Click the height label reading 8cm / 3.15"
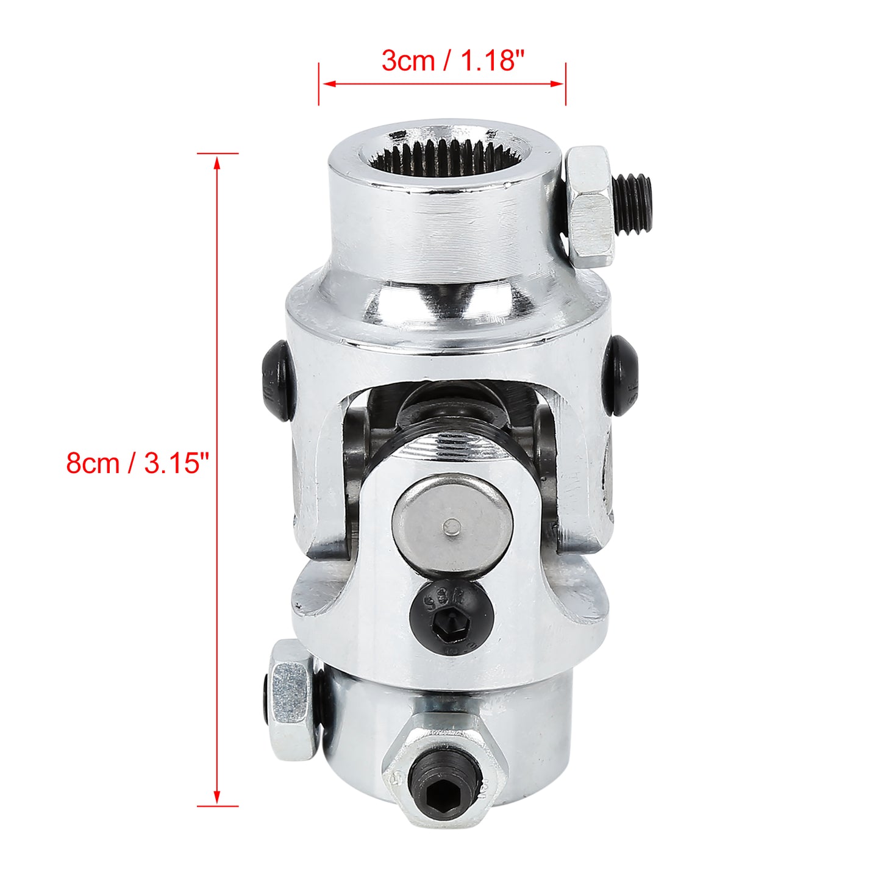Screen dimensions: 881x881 tap(138, 463)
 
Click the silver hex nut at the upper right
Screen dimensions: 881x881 tap(590, 206)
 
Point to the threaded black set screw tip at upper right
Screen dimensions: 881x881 tap(633, 204)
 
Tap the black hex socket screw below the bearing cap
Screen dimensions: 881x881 tap(451, 620)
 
